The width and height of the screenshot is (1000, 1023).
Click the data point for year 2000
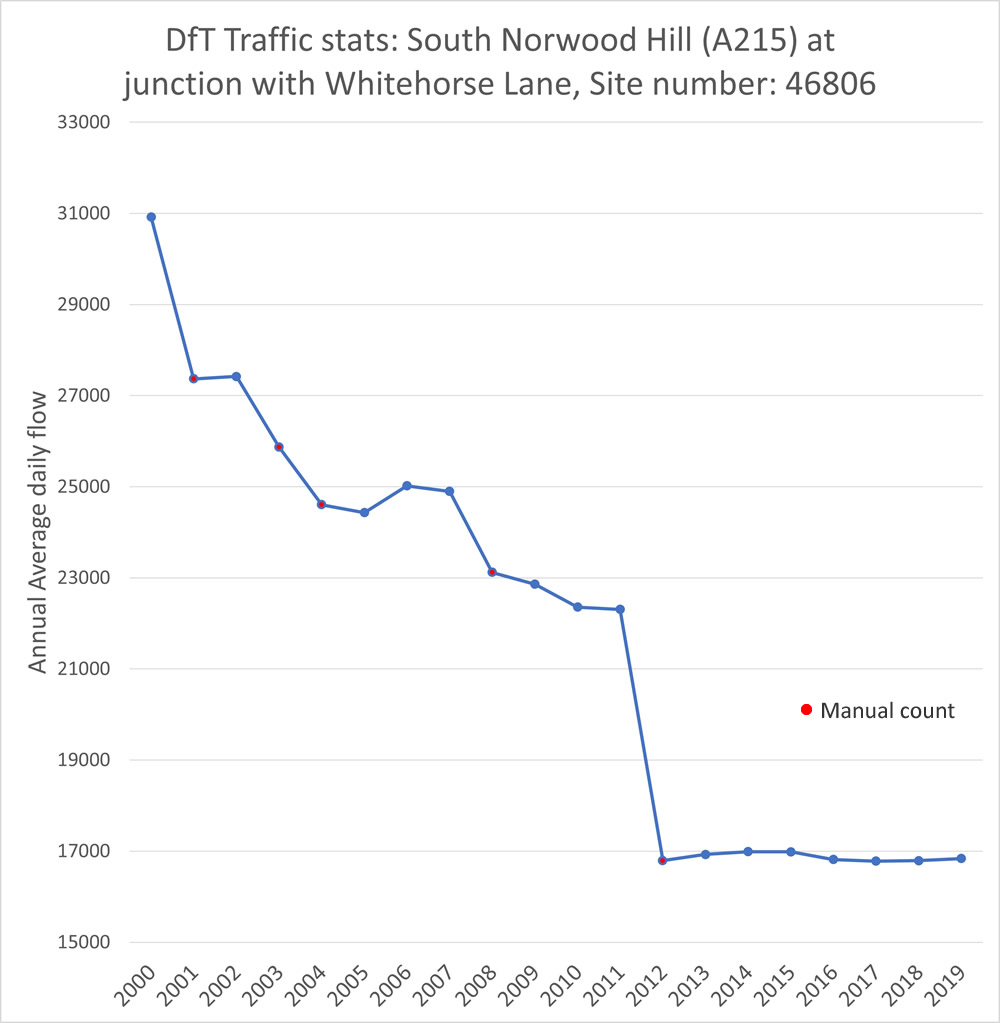151,217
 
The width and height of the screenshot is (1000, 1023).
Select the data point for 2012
662,860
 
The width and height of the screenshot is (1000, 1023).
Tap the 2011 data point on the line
620,609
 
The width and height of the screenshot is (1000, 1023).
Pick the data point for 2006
407,485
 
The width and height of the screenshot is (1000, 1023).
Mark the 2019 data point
961,858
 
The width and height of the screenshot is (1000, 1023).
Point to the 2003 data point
279,447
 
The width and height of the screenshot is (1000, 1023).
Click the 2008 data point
492,572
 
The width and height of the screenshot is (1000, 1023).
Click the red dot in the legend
806,710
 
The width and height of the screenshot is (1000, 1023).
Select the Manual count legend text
887,711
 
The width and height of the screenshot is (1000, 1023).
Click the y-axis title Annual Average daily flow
37,532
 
